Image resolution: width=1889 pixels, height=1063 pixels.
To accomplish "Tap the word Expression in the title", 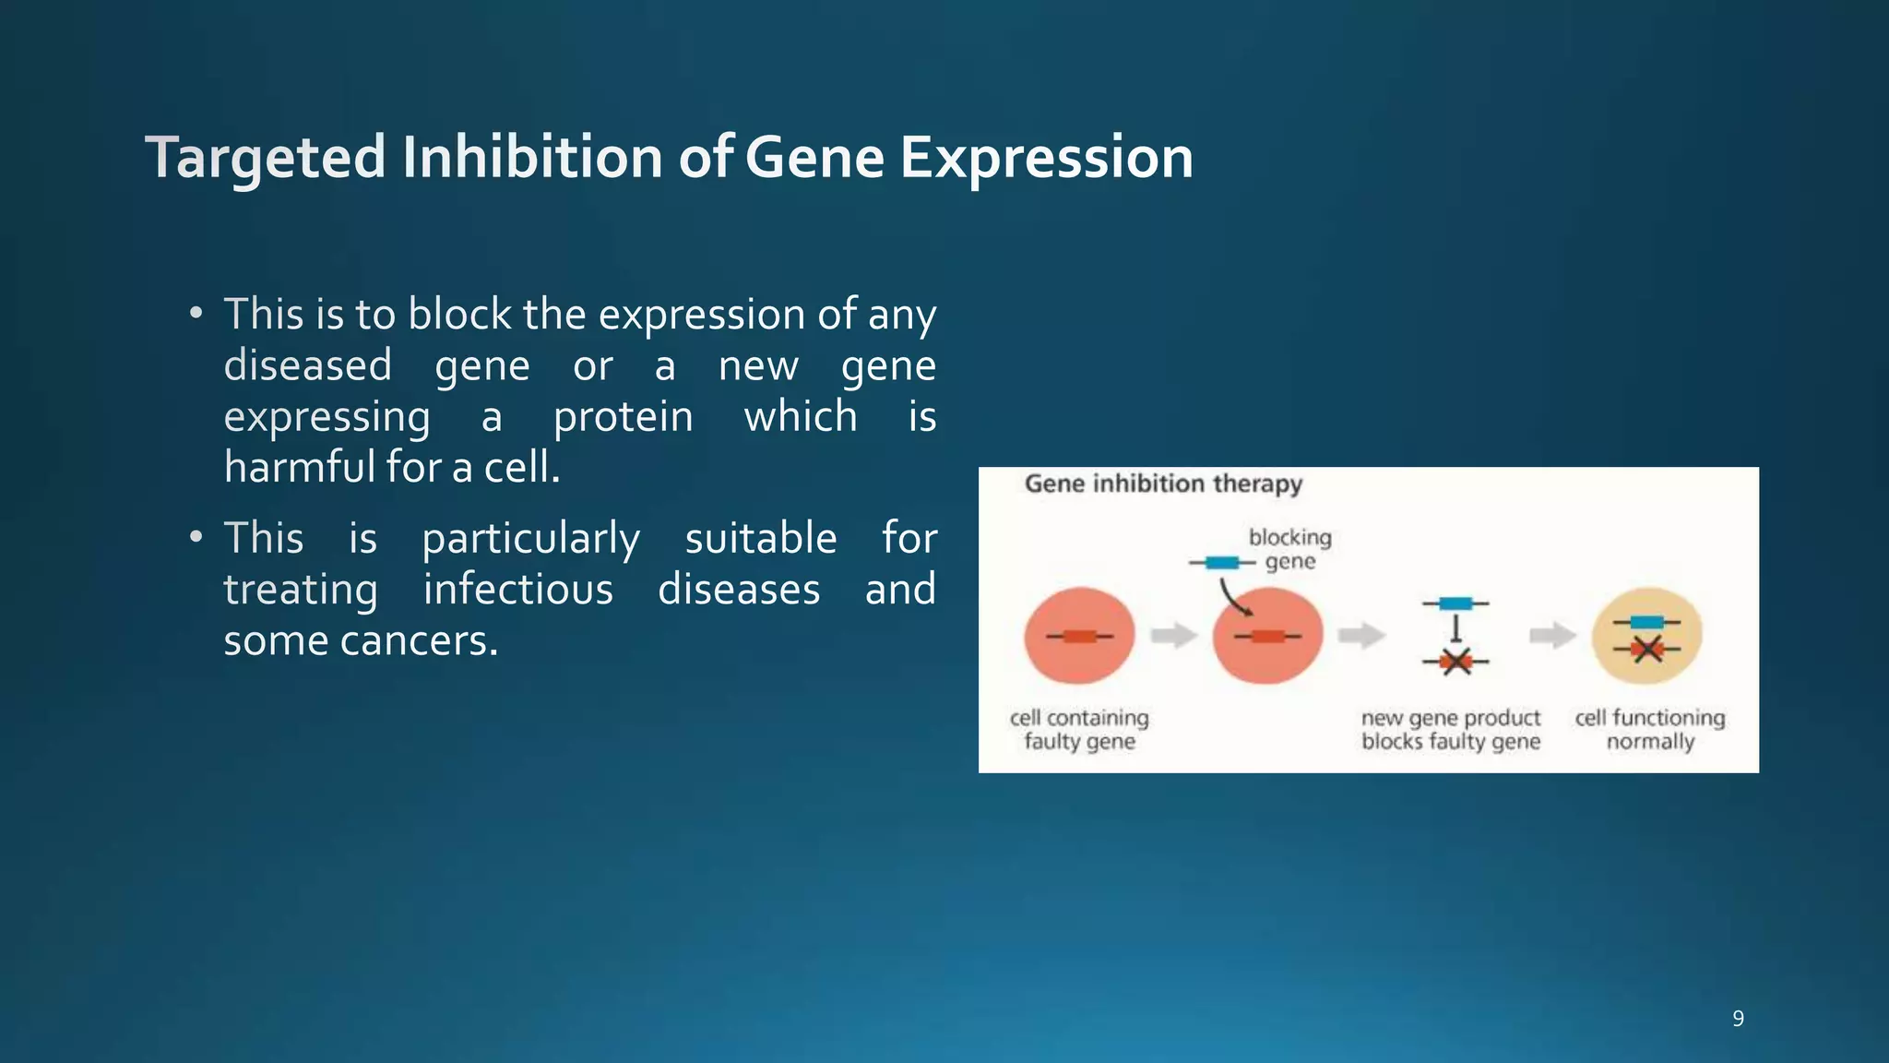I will (1046, 157).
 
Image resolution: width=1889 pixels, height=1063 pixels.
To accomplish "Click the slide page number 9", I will (1738, 1019).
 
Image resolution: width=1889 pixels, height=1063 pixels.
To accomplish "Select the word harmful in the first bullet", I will (297, 467).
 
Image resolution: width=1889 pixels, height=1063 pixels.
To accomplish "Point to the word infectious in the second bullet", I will (518, 590).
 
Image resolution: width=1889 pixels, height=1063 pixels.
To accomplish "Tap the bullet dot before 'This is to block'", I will (196, 314).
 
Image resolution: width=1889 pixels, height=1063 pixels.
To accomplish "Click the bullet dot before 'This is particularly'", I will (196, 537).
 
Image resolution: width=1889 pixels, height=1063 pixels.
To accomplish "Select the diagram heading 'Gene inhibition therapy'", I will (1163, 484).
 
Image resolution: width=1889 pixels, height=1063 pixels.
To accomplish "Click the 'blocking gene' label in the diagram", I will (1289, 549).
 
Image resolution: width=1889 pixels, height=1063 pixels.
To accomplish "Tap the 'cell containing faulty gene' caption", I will (1079, 730).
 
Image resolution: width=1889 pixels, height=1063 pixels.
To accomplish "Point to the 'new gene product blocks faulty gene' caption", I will (1451, 730).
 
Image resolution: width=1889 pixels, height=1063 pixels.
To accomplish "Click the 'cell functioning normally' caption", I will (1650, 730).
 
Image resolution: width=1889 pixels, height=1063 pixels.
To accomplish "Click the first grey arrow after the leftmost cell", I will (1174, 635).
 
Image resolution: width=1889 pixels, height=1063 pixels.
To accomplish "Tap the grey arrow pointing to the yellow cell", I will (1552, 635).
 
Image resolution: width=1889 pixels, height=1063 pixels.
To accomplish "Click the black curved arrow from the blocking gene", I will (1231, 597).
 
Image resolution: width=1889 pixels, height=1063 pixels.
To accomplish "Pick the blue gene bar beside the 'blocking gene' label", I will (1222, 563).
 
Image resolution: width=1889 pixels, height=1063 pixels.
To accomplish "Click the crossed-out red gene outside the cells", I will (1455, 662).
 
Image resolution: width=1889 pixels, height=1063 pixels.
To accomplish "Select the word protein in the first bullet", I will (623, 417).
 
